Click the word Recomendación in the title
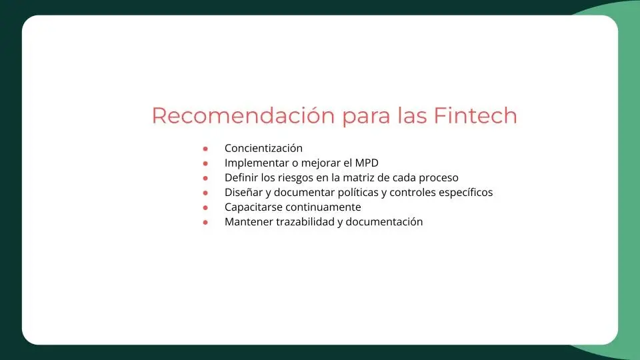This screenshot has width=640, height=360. tap(243, 115)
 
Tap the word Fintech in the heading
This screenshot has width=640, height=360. tap(475, 115)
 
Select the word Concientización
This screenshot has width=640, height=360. tap(264, 148)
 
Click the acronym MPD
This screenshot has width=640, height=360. tap(367, 163)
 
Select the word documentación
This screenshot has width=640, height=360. tap(384, 221)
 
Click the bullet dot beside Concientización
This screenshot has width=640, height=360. tap(205, 149)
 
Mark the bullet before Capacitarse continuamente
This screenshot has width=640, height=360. tap(205, 207)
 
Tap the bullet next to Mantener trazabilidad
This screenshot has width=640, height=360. tap(205, 222)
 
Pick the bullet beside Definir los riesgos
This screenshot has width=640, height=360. tap(205, 178)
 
